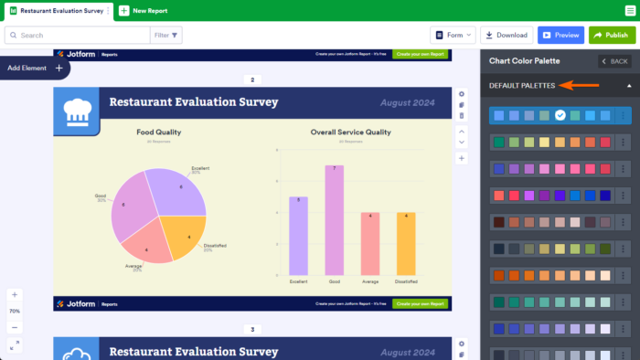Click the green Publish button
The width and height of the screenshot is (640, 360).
pos(612,35)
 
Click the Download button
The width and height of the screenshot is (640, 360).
pos(507,35)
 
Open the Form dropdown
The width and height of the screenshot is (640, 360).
pos(453,35)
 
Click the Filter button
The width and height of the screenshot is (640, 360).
pos(167,35)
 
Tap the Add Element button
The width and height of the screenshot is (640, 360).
pos(35,68)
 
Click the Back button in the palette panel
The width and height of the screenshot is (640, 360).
pos(614,61)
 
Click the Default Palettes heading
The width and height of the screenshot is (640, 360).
pos(522,85)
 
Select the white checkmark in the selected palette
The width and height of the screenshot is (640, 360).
pos(560,116)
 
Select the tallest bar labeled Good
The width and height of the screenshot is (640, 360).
pos(334,219)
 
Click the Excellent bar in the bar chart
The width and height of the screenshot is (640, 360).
pos(298,236)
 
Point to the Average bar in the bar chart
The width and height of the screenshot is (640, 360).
pos(369,243)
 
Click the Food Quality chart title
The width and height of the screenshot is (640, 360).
pos(158,132)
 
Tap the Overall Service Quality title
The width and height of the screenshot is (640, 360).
pos(350,132)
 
